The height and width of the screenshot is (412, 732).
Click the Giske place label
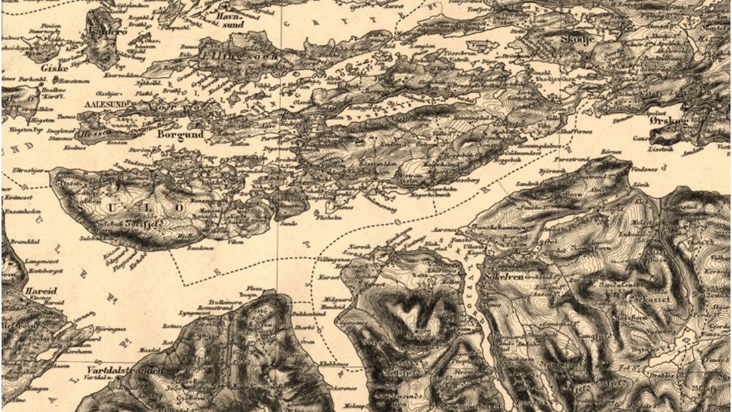[50, 67]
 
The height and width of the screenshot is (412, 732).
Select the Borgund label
[178, 134]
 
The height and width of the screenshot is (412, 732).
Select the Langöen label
[424, 46]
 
